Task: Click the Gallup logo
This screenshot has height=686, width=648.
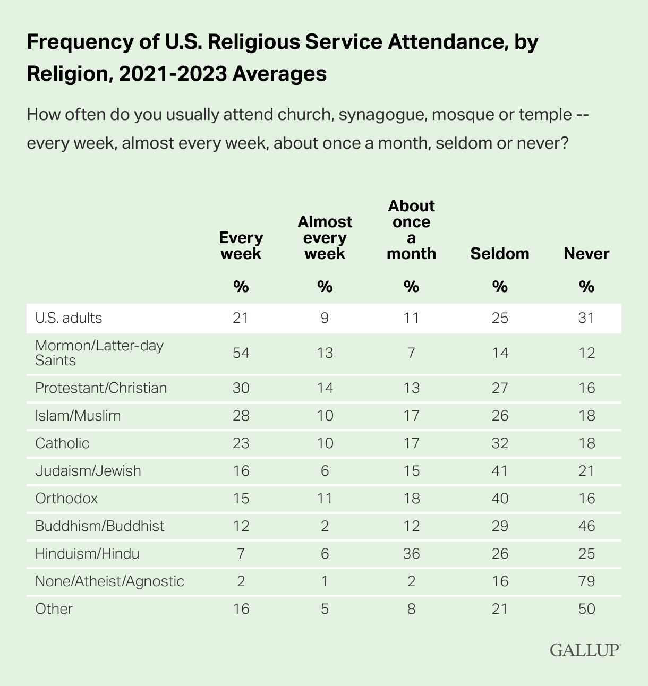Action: (585, 649)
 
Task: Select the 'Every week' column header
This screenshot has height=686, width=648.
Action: (241, 245)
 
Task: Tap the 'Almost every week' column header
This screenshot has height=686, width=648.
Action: (325, 237)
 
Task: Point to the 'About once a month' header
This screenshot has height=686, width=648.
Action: (412, 229)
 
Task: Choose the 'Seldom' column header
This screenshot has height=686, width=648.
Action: (500, 254)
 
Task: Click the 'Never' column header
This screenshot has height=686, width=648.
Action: (586, 254)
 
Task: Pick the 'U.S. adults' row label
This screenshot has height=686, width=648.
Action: (69, 318)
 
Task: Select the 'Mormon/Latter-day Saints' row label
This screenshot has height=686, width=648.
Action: (99, 353)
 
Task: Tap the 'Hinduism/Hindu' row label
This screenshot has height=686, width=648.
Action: (87, 554)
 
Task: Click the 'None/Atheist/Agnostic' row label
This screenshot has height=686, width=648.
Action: (109, 581)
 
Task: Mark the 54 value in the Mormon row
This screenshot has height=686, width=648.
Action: (241, 353)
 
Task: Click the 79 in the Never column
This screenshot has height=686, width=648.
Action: (587, 581)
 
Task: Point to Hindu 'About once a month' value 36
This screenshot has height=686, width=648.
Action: (412, 554)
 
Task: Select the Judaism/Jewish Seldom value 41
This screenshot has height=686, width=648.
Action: (500, 471)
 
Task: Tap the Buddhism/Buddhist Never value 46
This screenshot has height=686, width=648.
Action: (587, 526)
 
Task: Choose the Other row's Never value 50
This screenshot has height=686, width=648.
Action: (587, 609)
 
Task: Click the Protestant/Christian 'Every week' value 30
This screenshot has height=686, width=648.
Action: (241, 388)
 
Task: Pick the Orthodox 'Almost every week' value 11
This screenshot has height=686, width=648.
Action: (325, 499)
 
